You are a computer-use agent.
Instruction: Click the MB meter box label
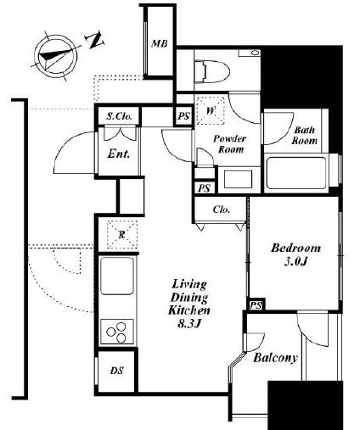pos(160,44)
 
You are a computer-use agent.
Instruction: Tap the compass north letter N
pos(95,41)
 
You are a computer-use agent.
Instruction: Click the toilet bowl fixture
pos(211,72)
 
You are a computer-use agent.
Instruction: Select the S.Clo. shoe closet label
pos(119,116)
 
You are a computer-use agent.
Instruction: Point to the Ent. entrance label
pos(119,154)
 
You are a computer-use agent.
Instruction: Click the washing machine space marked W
pos(211,110)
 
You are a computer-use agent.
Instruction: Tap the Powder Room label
pos(230,144)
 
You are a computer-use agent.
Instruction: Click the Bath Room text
pos(304,136)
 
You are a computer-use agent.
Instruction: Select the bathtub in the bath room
pos(296,173)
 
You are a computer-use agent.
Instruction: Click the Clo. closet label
pos(222,209)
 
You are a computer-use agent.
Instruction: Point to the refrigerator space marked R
pos(121,235)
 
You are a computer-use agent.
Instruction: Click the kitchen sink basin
pos(117,276)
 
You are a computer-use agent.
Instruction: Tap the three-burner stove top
pos(117,332)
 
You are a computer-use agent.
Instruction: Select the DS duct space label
pos(117,371)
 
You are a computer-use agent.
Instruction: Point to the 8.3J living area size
pos(189,324)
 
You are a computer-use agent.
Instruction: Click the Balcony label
pos(275,358)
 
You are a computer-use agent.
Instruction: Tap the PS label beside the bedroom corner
pos(256,305)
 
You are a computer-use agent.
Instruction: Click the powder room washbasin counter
pos(239,180)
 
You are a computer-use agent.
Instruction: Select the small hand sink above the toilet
pos(250,53)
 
